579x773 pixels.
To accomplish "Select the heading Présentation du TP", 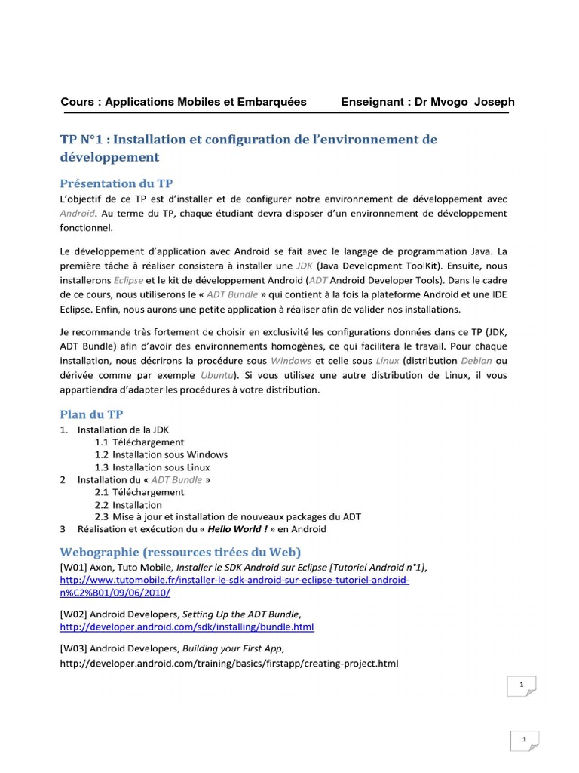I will tap(117, 183).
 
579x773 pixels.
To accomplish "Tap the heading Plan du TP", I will tap(91, 414).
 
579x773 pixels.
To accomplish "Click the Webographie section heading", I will tap(180, 552).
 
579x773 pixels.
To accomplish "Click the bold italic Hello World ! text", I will tap(224, 529).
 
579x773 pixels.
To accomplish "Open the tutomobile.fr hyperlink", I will tap(234, 581).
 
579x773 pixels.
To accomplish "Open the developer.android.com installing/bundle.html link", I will tap(186, 627).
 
